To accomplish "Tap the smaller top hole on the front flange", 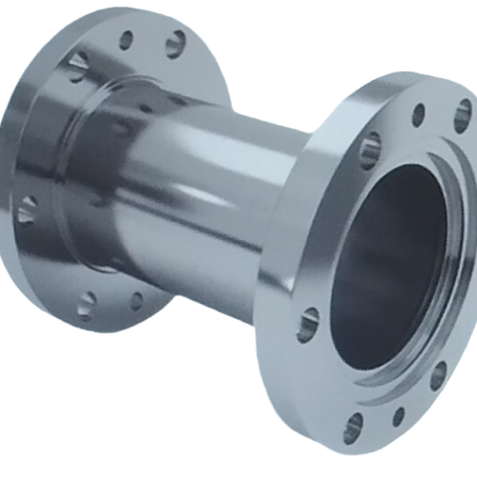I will tap(418, 114).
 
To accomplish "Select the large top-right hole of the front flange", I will tap(463, 115).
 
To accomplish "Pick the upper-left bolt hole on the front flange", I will tap(369, 150).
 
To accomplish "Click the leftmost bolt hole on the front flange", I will tap(308, 324).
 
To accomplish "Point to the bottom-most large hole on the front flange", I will tap(353, 427).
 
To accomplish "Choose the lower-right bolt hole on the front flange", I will tap(438, 374).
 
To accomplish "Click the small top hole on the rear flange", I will tap(126, 39).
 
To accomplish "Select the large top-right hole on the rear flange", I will tap(176, 43).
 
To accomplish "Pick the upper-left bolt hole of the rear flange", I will tap(77, 65).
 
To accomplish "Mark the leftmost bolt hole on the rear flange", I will tap(27, 209).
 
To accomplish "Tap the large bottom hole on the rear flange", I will tap(87, 303).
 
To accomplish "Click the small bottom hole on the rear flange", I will tap(136, 301).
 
